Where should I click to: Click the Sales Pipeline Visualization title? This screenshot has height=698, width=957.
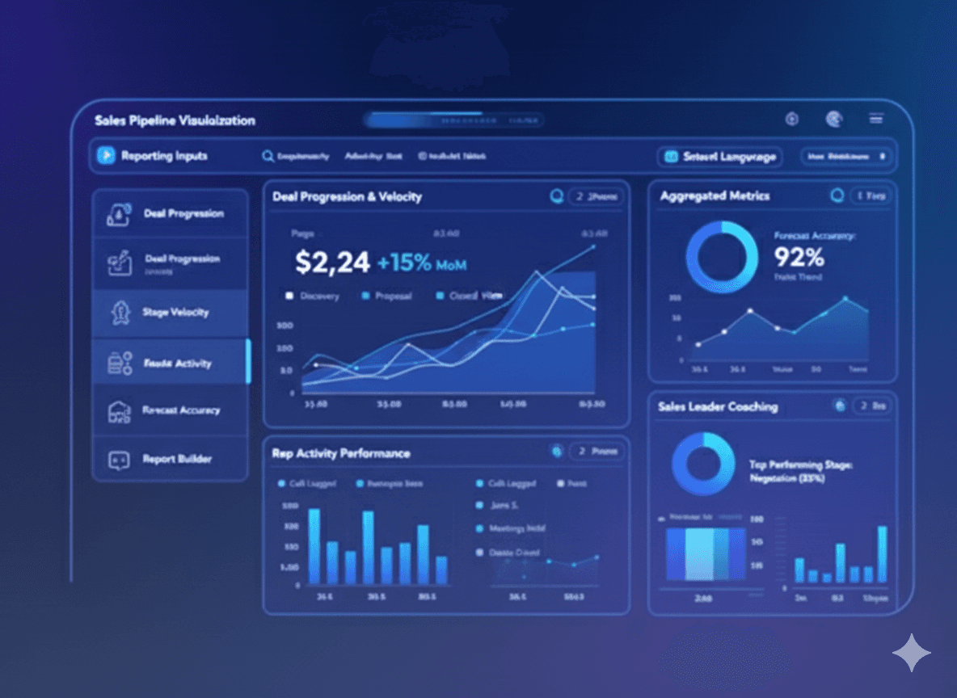(x=175, y=120)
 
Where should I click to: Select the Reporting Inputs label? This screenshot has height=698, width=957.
(x=164, y=156)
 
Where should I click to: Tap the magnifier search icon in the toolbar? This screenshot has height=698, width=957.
(x=268, y=157)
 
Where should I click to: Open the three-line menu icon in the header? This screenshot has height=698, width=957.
(x=876, y=119)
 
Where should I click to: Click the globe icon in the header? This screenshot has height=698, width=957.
(x=834, y=119)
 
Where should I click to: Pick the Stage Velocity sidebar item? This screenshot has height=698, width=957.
(x=175, y=312)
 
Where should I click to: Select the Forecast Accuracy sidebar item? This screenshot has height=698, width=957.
(x=181, y=410)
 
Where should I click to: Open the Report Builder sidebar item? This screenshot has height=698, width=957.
(x=177, y=459)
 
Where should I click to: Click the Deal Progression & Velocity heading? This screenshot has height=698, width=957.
(x=347, y=196)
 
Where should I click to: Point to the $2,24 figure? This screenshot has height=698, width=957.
(x=332, y=262)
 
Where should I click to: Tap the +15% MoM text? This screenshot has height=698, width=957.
(x=421, y=263)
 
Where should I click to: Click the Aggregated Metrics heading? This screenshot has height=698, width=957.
(x=715, y=196)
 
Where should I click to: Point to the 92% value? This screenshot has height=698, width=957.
(x=799, y=257)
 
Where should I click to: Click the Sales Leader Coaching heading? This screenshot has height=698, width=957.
(x=718, y=406)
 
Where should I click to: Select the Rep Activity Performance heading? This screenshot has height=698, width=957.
(x=340, y=453)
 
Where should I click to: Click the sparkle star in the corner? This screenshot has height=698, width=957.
(x=912, y=653)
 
